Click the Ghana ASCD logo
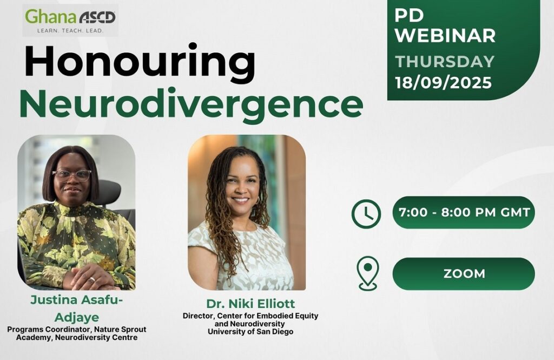click(70, 21)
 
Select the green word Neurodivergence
click(191, 103)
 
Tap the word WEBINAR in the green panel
click(445, 35)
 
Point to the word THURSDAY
click(445, 62)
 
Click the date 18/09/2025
click(444, 83)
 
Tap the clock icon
click(366, 214)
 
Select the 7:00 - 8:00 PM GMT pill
click(464, 212)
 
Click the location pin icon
click(367, 273)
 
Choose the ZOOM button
click(464, 274)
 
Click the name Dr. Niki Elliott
click(250, 304)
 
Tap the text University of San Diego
click(250, 332)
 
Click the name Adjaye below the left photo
click(77, 317)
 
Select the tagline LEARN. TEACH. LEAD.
click(70, 31)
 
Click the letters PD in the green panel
click(409, 15)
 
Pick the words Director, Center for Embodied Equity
click(250, 316)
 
